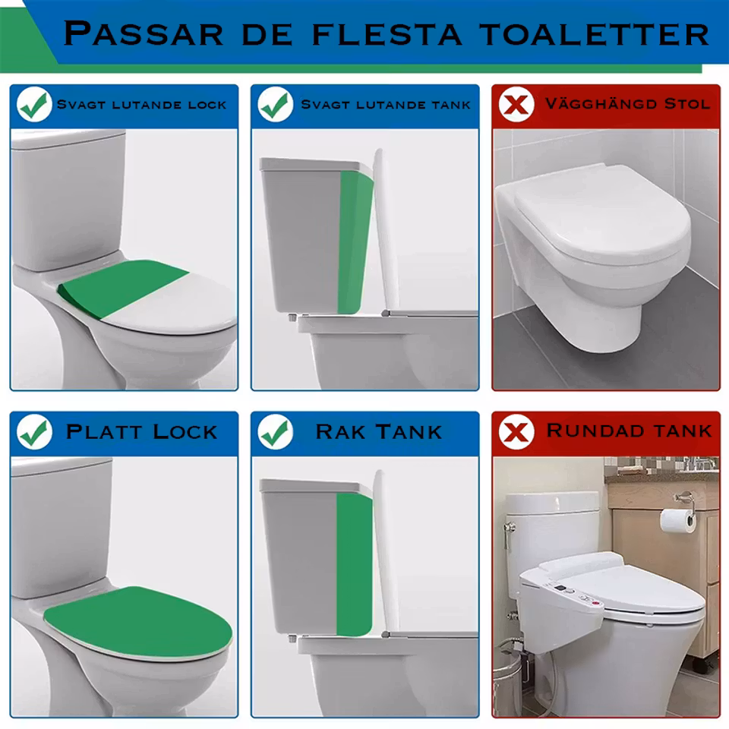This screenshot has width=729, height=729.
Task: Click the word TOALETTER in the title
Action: tap(594, 34)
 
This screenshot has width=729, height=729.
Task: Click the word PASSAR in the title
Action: tap(144, 33)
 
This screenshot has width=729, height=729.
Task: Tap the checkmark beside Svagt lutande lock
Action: tap(34, 105)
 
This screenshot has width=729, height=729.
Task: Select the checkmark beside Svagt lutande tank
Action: tap(275, 105)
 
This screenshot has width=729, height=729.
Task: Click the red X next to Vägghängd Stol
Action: tap(516, 104)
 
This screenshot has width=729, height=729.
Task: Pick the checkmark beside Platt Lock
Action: tap(34, 432)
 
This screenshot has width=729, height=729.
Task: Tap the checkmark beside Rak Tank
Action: tap(275, 432)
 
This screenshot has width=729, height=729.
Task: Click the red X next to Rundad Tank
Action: tap(516, 432)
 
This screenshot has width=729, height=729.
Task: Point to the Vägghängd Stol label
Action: tap(628, 103)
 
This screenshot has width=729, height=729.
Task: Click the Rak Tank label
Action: tap(378, 432)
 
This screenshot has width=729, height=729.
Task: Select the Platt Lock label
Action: tap(141, 432)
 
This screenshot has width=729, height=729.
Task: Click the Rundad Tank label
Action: tap(629, 431)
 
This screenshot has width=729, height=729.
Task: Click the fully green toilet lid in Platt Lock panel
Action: tap(138, 622)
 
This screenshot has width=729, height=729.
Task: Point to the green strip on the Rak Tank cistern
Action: tap(355, 564)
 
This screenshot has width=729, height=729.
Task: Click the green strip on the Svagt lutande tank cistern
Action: tap(355, 241)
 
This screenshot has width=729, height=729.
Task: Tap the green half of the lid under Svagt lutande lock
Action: tap(121, 289)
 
